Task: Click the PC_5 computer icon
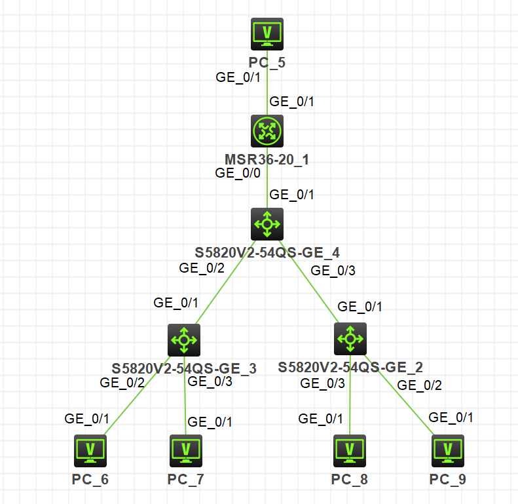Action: tap(267, 34)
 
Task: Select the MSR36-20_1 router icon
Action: tap(267, 131)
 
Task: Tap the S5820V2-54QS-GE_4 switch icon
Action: tap(267, 225)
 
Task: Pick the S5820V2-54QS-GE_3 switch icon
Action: tap(184, 339)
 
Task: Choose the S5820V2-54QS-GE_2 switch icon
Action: tap(350, 339)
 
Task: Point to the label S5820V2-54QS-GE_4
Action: tap(267, 252)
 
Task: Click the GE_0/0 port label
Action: tap(238, 173)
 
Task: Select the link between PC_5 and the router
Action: tap(267, 92)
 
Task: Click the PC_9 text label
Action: tap(448, 479)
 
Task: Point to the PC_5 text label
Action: tap(267, 63)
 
